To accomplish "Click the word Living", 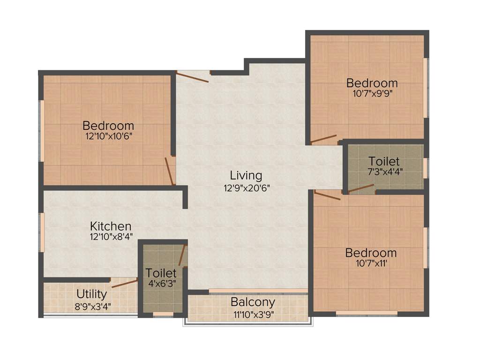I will coord(246,176).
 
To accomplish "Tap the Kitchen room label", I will coord(111,226).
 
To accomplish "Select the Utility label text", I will coord(92,294).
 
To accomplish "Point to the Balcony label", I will coord(253,302).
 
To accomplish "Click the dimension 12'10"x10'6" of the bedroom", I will coord(108,137).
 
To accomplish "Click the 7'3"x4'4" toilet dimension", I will coord(383,171).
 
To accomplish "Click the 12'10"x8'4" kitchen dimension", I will coord(111,237).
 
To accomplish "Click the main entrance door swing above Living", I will coord(193,77).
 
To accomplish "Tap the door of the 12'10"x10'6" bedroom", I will coord(170,171).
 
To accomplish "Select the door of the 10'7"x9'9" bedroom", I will coord(324,139).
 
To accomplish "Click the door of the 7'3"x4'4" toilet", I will coord(361,189).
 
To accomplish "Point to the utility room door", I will coord(125,283).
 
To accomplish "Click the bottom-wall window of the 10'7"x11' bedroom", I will coord(367,313).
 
